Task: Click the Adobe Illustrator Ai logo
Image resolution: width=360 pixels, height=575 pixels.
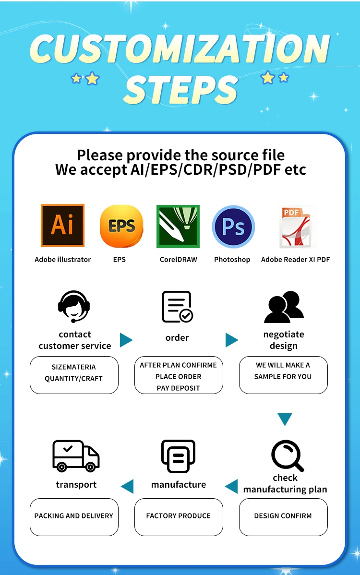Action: click(x=62, y=226)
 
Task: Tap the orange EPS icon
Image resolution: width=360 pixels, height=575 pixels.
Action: click(x=121, y=226)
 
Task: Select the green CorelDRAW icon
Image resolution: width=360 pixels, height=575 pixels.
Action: click(x=178, y=227)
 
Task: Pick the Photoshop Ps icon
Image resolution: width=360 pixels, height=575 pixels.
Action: click(x=233, y=227)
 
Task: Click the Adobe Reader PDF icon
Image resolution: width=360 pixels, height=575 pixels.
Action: click(x=295, y=227)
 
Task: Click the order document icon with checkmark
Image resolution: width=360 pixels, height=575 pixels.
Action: click(x=177, y=307)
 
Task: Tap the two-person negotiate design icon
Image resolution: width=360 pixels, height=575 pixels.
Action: click(x=284, y=307)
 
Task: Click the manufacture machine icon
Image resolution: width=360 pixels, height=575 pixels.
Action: click(x=178, y=456)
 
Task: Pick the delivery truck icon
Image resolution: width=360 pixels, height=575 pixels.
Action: click(x=76, y=455)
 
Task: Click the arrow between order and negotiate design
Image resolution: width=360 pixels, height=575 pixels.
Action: click(x=232, y=340)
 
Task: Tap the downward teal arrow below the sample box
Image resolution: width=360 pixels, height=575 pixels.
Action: click(x=285, y=419)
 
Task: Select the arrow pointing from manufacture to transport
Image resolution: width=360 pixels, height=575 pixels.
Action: click(x=127, y=486)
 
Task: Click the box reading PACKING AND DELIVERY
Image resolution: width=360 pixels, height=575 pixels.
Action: click(x=74, y=516)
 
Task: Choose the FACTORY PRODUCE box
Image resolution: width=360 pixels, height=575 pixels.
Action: click(x=179, y=516)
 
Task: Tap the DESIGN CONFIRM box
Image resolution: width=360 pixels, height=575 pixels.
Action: click(x=283, y=516)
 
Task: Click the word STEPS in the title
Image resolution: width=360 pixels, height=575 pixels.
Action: click(x=180, y=89)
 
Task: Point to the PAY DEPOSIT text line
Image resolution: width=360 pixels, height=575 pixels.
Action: click(x=178, y=388)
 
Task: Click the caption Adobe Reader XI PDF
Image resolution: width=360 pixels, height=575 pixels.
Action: click(x=295, y=260)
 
